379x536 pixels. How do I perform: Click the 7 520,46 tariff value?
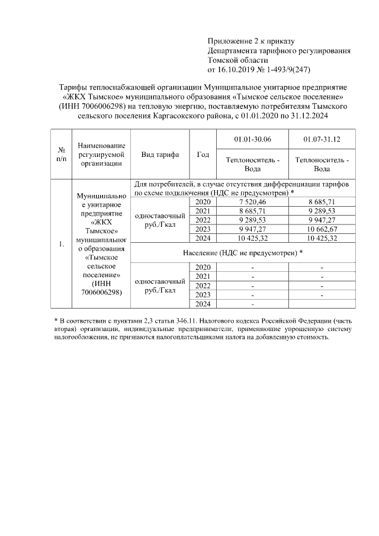coord(252,203)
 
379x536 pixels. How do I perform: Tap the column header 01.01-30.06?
coord(252,139)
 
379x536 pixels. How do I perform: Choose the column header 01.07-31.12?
coord(322,139)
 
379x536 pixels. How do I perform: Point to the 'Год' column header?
coord(203,154)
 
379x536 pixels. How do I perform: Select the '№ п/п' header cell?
coord(60,154)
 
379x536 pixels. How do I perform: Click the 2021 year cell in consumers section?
coord(203,211)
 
